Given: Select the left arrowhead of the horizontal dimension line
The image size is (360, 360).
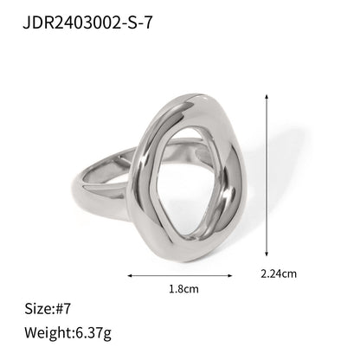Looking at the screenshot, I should [x=131, y=276].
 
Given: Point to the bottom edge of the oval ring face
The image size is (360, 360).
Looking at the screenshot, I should [x=177, y=258].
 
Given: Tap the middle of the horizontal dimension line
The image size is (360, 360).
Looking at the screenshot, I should [x=182, y=276].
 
